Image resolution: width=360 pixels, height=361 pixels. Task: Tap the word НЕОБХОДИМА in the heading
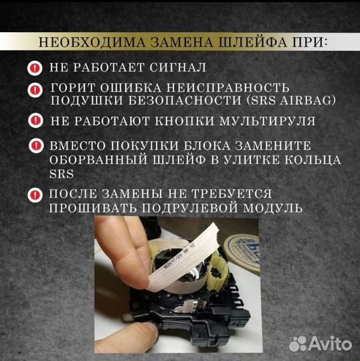(80, 43)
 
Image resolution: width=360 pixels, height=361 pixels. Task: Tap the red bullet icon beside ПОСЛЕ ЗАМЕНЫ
(34, 196)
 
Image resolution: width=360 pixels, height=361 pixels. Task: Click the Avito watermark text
(331, 345)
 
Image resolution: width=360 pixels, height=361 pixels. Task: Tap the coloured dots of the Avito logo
(298, 344)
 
